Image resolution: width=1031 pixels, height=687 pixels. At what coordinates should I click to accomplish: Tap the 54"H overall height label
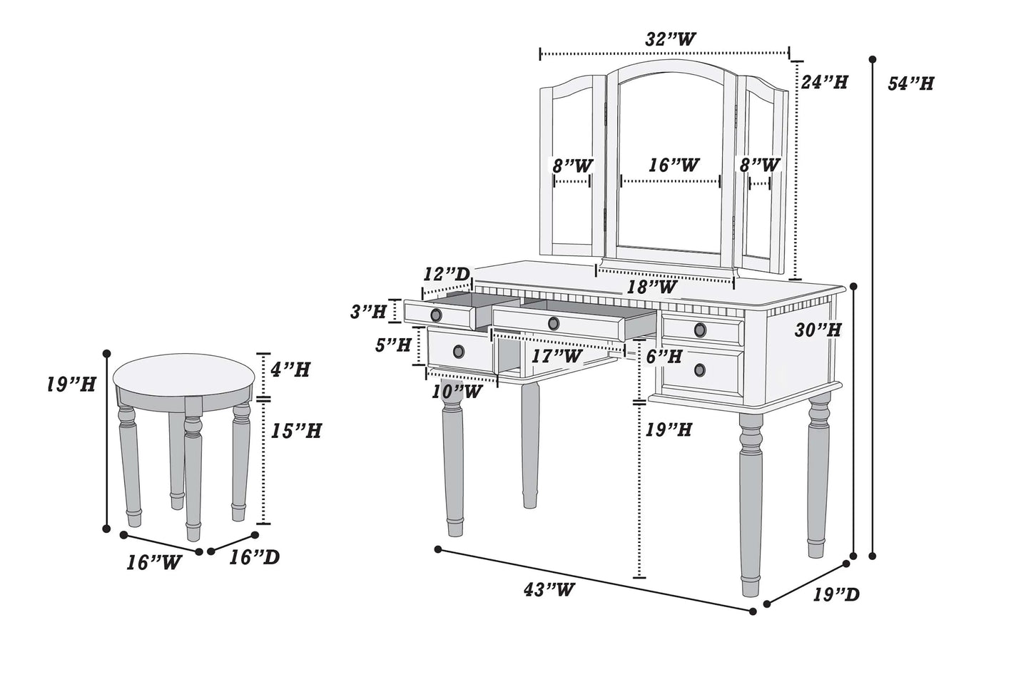[910, 83]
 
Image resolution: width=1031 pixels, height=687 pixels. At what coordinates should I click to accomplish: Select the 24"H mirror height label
[823, 82]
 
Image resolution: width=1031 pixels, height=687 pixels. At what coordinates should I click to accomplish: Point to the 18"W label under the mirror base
[651, 287]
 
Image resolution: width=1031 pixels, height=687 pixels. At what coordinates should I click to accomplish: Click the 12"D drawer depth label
[447, 274]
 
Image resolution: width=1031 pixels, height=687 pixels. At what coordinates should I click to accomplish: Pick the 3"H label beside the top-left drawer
[368, 311]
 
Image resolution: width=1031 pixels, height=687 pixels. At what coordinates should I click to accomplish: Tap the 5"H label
[393, 345]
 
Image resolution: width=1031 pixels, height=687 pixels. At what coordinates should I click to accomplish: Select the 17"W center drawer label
[557, 355]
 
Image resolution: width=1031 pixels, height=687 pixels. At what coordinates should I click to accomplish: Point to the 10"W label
[454, 391]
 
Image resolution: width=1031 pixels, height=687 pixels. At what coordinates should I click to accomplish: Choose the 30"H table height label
[818, 330]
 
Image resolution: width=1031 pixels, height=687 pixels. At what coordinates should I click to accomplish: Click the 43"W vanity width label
[549, 589]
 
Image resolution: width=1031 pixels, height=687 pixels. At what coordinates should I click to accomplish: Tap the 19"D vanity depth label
[836, 594]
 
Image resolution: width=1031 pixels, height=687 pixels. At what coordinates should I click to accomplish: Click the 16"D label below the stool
[254, 557]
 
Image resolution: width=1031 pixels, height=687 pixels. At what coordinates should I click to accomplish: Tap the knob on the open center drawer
[553, 323]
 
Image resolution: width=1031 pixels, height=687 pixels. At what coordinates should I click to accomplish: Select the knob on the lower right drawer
[700, 369]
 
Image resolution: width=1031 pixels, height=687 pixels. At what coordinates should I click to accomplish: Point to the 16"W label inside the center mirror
[674, 166]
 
